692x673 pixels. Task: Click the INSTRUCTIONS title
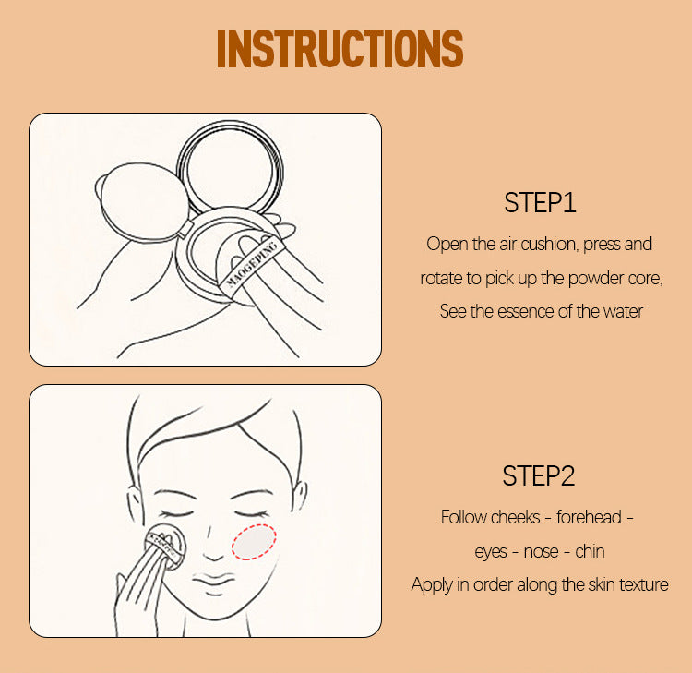pyautogui.click(x=340, y=49)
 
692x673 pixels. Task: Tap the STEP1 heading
pyautogui.click(x=540, y=203)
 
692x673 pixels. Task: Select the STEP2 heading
pyautogui.click(x=539, y=476)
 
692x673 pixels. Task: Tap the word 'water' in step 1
pyautogui.click(x=621, y=311)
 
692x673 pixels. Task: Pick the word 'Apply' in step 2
pyautogui.click(x=431, y=584)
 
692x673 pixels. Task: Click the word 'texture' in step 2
pyautogui.click(x=639, y=584)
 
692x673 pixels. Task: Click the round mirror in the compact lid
pyautogui.click(x=230, y=166)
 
